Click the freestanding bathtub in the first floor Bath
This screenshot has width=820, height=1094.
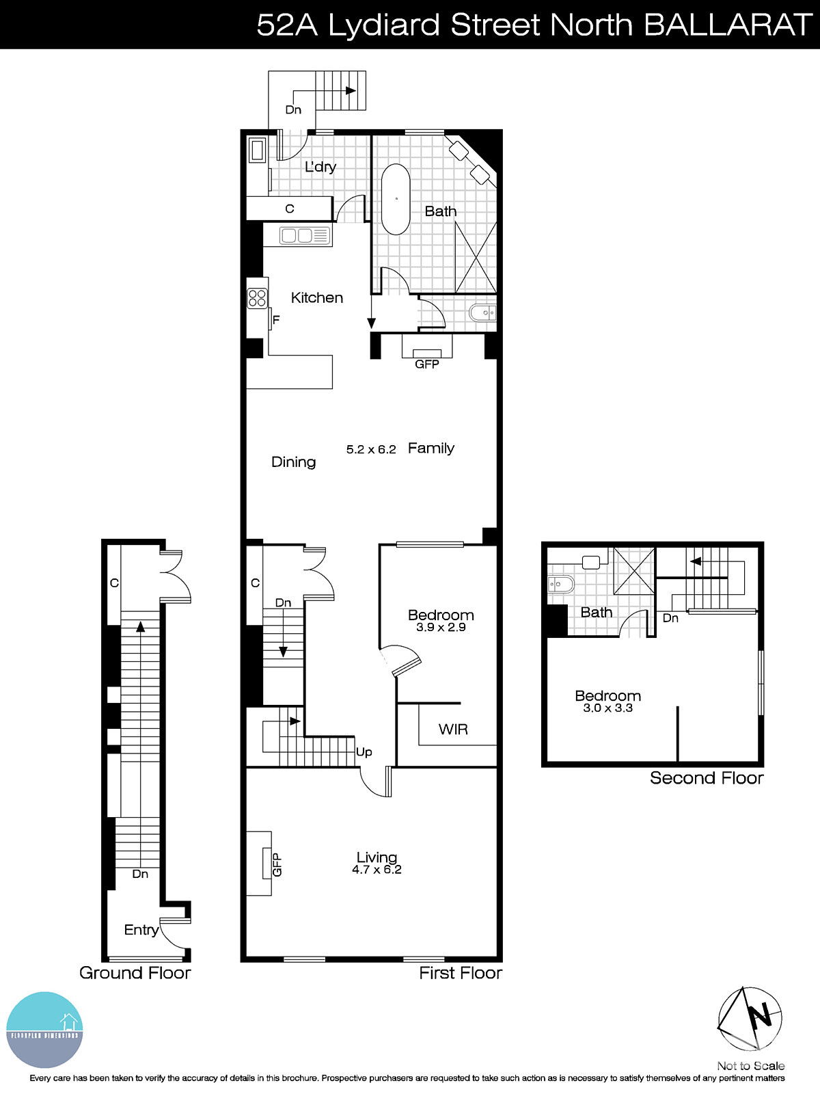tap(396, 199)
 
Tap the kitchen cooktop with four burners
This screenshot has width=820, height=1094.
tap(258, 298)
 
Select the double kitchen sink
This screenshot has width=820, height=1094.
tap(305, 236)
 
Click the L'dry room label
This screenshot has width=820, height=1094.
tap(320, 166)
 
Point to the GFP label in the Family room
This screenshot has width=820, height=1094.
tap(427, 364)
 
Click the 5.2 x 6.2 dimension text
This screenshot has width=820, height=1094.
tap(371, 449)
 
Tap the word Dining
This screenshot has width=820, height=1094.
tap(293, 462)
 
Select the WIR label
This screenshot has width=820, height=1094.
tap(453, 729)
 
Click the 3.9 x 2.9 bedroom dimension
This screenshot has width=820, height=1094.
tap(441, 627)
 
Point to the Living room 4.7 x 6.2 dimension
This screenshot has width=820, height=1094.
tap(377, 870)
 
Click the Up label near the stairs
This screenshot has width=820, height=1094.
tap(364, 752)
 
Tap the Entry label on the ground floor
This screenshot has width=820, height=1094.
tap(141, 929)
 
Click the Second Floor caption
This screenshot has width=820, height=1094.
tap(706, 777)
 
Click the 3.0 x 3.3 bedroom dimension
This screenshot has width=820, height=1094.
tap(607, 708)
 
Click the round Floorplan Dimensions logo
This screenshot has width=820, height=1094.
tap(44, 1030)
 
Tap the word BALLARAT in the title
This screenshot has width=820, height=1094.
tap(727, 25)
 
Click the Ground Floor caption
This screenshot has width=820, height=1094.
tap(135, 972)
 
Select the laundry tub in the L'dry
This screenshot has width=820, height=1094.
tap(258, 150)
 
